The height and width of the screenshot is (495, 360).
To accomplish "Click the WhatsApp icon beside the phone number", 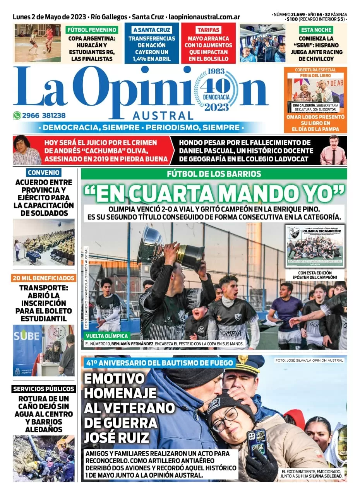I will pyautogui.click(x=17, y=115).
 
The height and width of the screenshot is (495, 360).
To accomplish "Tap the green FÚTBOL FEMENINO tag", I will pyautogui.click(x=91, y=30).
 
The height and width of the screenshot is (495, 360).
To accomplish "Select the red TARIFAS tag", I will pyautogui.click(x=208, y=30).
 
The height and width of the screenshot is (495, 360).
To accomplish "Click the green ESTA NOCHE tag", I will pyautogui.click(x=316, y=30).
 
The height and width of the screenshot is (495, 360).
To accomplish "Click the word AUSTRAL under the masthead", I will pyautogui.click(x=163, y=116).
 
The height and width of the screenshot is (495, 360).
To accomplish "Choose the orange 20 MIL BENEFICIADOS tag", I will pyautogui.click(x=44, y=278).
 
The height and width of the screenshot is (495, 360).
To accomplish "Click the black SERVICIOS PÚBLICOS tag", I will pyautogui.click(x=44, y=389).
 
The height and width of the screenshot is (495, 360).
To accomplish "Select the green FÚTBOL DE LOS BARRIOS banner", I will pyautogui.click(x=214, y=174).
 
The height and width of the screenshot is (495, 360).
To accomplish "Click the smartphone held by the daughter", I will pyautogui.click(x=257, y=443).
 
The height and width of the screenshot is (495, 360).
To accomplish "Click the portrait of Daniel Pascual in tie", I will pyautogui.click(x=333, y=150).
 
